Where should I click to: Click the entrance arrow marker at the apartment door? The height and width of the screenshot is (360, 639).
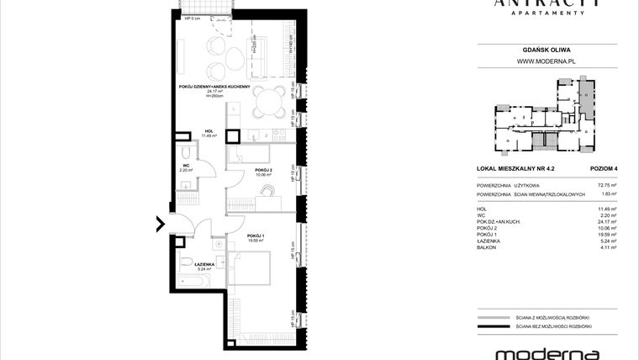[x=160, y=224]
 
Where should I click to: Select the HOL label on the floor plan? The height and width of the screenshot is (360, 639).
[x=209, y=130]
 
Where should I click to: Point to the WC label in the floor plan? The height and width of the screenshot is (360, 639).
[x=185, y=165]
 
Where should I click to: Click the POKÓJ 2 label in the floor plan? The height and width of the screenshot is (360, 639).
[x=264, y=172]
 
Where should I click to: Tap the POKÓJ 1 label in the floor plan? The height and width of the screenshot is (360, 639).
[x=255, y=236]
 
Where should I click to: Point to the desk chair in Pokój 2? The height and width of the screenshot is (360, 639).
[x=267, y=191]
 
